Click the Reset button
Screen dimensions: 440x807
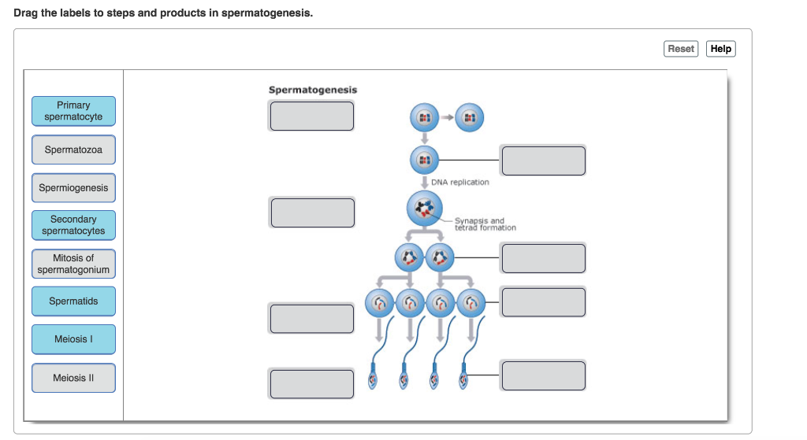[681, 49]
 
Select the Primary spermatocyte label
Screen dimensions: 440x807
[73, 111]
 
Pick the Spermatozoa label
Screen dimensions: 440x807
[73, 150]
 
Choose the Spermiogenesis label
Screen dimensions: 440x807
[73, 188]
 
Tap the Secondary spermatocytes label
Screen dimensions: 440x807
[73, 225]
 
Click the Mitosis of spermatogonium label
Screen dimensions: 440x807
[73, 264]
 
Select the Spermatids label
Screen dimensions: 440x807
[73, 301]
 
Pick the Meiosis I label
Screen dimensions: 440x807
[73, 339]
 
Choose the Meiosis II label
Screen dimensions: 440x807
[73, 378]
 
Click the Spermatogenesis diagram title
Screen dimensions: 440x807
[313, 90]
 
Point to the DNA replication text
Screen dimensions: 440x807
[460, 183]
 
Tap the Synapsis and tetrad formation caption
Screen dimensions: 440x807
[485, 224]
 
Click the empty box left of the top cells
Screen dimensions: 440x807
[312, 116]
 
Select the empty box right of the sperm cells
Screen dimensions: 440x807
[543, 375]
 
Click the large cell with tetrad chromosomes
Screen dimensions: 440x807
[424, 209]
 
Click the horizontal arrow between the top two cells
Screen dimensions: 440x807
[447, 117]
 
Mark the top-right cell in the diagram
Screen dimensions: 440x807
[470, 117]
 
